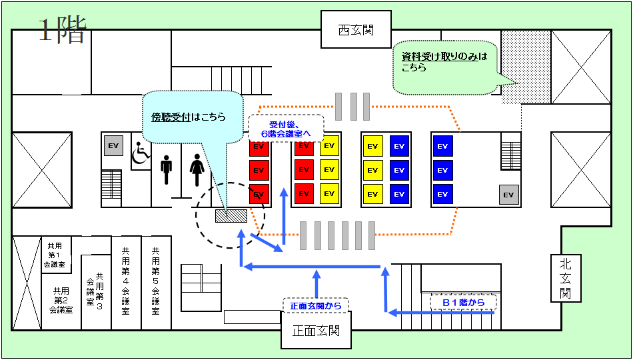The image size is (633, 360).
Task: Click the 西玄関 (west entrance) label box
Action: point(355,30)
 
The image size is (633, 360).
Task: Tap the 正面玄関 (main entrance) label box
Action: point(315,331)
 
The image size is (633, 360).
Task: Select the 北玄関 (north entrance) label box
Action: point(566,277)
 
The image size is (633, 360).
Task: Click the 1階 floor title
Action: point(62,30)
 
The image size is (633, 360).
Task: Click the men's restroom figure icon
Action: point(167,170)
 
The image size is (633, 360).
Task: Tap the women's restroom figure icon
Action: point(197,170)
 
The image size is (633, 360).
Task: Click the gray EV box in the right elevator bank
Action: point(509,195)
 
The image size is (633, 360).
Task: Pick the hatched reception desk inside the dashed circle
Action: point(231,215)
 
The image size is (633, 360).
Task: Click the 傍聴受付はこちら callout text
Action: point(189,117)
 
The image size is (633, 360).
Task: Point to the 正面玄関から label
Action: point(316,306)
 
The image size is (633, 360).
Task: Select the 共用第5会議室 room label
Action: point(156,281)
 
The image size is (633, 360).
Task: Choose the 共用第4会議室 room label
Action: point(126,281)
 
